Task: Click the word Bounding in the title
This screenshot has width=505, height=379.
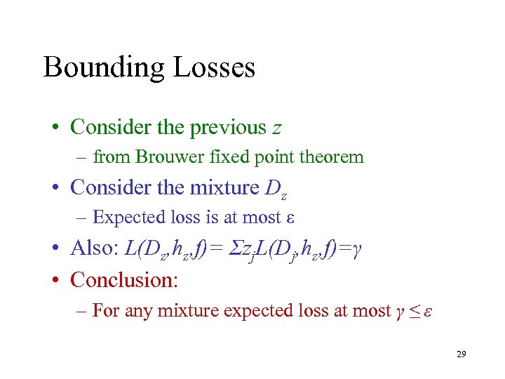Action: point(104,68)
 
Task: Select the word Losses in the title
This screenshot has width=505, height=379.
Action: point(213,67)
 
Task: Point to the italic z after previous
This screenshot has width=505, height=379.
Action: point(278,128)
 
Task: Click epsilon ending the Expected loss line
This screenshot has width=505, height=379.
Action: point(290,218)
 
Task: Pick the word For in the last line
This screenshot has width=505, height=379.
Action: point(105,310)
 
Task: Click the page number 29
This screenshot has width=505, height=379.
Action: point(461,354)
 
